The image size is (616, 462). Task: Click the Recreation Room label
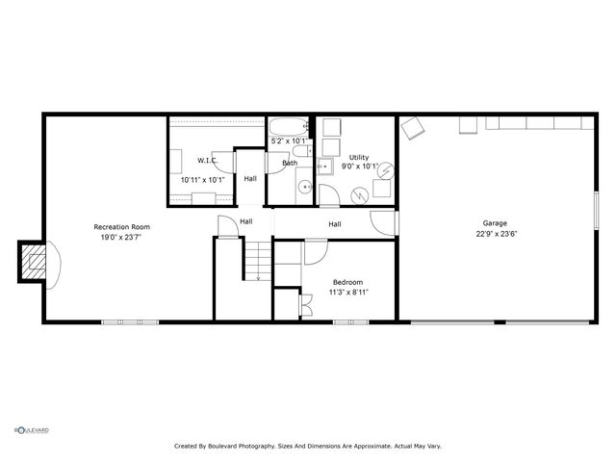121,227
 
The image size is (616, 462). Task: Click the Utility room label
358,156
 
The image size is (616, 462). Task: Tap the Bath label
290,163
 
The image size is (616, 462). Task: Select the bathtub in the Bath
288,128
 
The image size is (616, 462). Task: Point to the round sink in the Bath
304,187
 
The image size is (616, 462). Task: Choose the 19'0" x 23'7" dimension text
121,238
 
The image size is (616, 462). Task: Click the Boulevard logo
31,430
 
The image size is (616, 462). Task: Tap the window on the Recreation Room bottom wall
130,321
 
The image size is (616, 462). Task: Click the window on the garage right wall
598,213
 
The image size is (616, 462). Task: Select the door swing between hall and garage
384,221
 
